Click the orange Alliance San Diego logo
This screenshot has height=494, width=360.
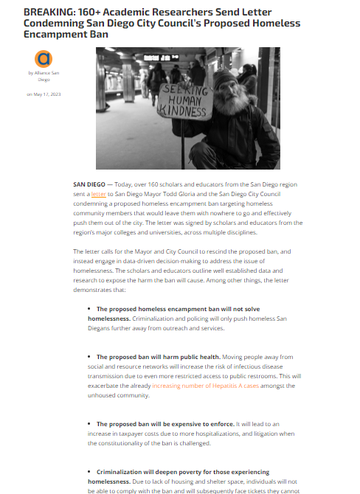coord(44,58)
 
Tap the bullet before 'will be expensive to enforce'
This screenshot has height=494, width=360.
coord(90,424)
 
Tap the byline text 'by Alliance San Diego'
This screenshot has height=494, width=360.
coord(44,76)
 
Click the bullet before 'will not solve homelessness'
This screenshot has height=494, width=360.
coord(90,308)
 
